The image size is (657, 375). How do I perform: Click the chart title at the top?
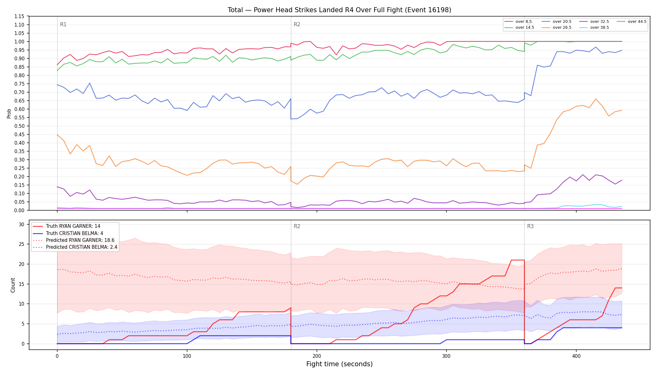click(339, 10)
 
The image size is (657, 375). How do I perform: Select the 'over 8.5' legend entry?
click(518, 22)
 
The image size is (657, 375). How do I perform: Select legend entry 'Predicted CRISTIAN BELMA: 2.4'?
click(75, 247)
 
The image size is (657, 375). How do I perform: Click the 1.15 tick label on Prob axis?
click(19, 16)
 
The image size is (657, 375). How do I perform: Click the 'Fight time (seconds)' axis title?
click(339, 364)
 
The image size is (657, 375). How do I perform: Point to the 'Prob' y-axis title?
click(9, 113)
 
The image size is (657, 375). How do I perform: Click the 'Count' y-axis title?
click(13, 285)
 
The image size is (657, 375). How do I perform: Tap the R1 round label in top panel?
click(63, 24)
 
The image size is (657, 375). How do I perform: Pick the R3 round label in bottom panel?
click(530, 226)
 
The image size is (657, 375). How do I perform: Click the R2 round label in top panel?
click(297, 24)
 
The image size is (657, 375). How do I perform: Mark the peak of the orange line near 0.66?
click(596, 99)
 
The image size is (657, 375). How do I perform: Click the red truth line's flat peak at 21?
click(518, 260)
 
